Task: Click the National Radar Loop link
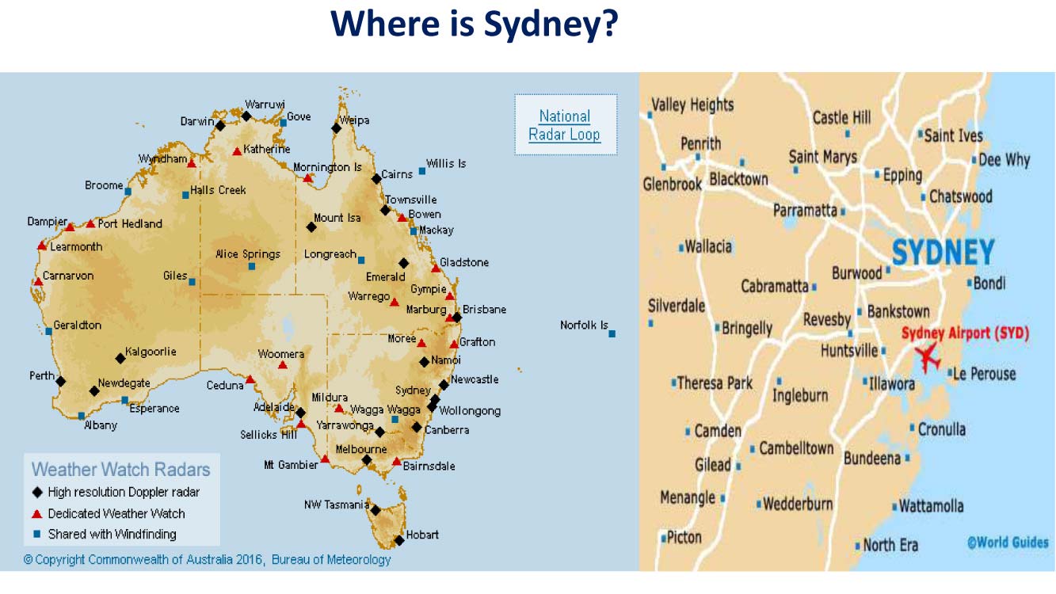[x=565, y=125]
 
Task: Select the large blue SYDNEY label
[x=943, y=253]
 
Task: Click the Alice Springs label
[x=248, y=254]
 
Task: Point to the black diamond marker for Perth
[x=61, y=381]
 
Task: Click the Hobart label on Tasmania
[x=422, y=535]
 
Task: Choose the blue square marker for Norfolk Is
[x=612, y=333]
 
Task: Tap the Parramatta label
[x=805, y=211]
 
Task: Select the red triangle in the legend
[x=37, y=513]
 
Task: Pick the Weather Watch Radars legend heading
[x=121, y=469]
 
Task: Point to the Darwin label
[x=197, y=121]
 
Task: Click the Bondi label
[x=989, y=283]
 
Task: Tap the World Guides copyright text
[x=1008, y=543]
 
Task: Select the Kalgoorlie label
[x=151, y=352]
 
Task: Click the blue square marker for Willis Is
[x=422, y=170]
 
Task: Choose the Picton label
[x=684, y=537]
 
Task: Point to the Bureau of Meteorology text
[x=331, y=560]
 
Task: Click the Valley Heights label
[x=692, y=105]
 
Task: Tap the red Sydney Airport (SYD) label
[x=965, y=333]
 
